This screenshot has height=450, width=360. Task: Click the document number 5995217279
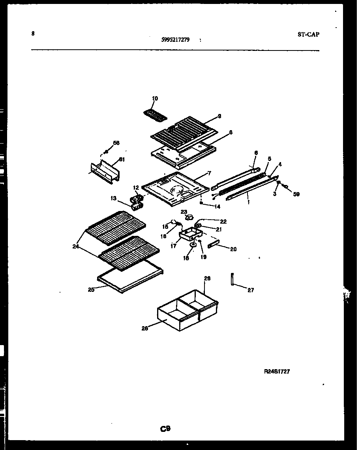pyautogui.click(x=175, y=39)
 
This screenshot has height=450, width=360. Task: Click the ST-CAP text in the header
pyautogui.click(x=308, y=34)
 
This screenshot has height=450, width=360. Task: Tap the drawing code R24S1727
pyautogui.click(x=277, y=371)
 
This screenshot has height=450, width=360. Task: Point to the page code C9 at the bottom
pyautogui.click(x=165, y=429)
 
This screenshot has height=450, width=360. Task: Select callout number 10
pyautogui.click(x=155, y=98)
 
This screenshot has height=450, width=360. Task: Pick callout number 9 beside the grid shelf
pyautogui.click(x=219, y=116)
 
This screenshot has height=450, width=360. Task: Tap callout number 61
pyautogui.click(x=122, y=159)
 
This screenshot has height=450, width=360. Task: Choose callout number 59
pyautogui.click(x=296, y=194)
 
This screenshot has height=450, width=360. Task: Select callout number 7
pyautogui.click(x=209, y=173)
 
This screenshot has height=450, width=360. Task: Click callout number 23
pyautogui.click(x=184, y=212)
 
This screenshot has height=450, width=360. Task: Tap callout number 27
pyautogui.click(x=251, y=290)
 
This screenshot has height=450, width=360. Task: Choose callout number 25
pyautogui.click(x=91, y=290)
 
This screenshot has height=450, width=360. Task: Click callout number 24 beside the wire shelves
pyautogui.click(x=75, y=247)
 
